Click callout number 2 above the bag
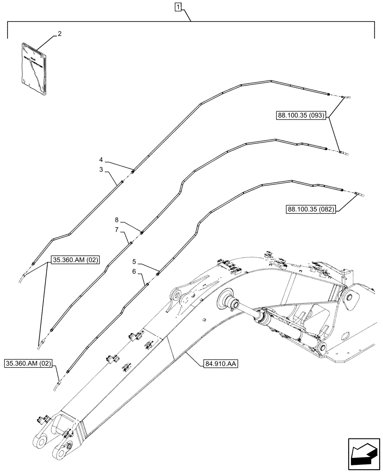(x=60, y=34)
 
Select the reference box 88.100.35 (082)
(x=310, y=209)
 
